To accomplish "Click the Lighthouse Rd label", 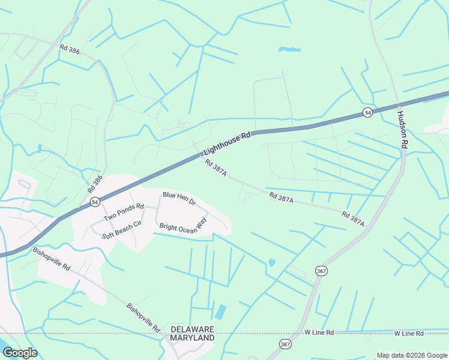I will [x=226, y=145].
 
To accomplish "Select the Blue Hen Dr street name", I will [x=179, y=199].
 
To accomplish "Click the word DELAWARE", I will [x=192, y=329].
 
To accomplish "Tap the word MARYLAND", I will [x=192, y=338].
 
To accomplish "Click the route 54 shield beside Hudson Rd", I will [x=367, y=113].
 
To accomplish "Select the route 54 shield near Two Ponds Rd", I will [x=95, y=202].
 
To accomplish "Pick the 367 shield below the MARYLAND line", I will [x=285, y=344].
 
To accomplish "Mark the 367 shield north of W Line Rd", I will [x=321, y=271].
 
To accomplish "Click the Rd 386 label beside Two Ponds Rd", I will [x=95, y=183].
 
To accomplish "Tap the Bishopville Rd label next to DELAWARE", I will [x=143, y=317].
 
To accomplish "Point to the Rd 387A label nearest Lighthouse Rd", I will [x=215, y=167].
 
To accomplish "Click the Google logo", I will [x=20, y=353].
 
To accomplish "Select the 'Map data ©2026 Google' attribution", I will [x=412, y=356].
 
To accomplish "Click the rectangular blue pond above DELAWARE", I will [x=220, y=312].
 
